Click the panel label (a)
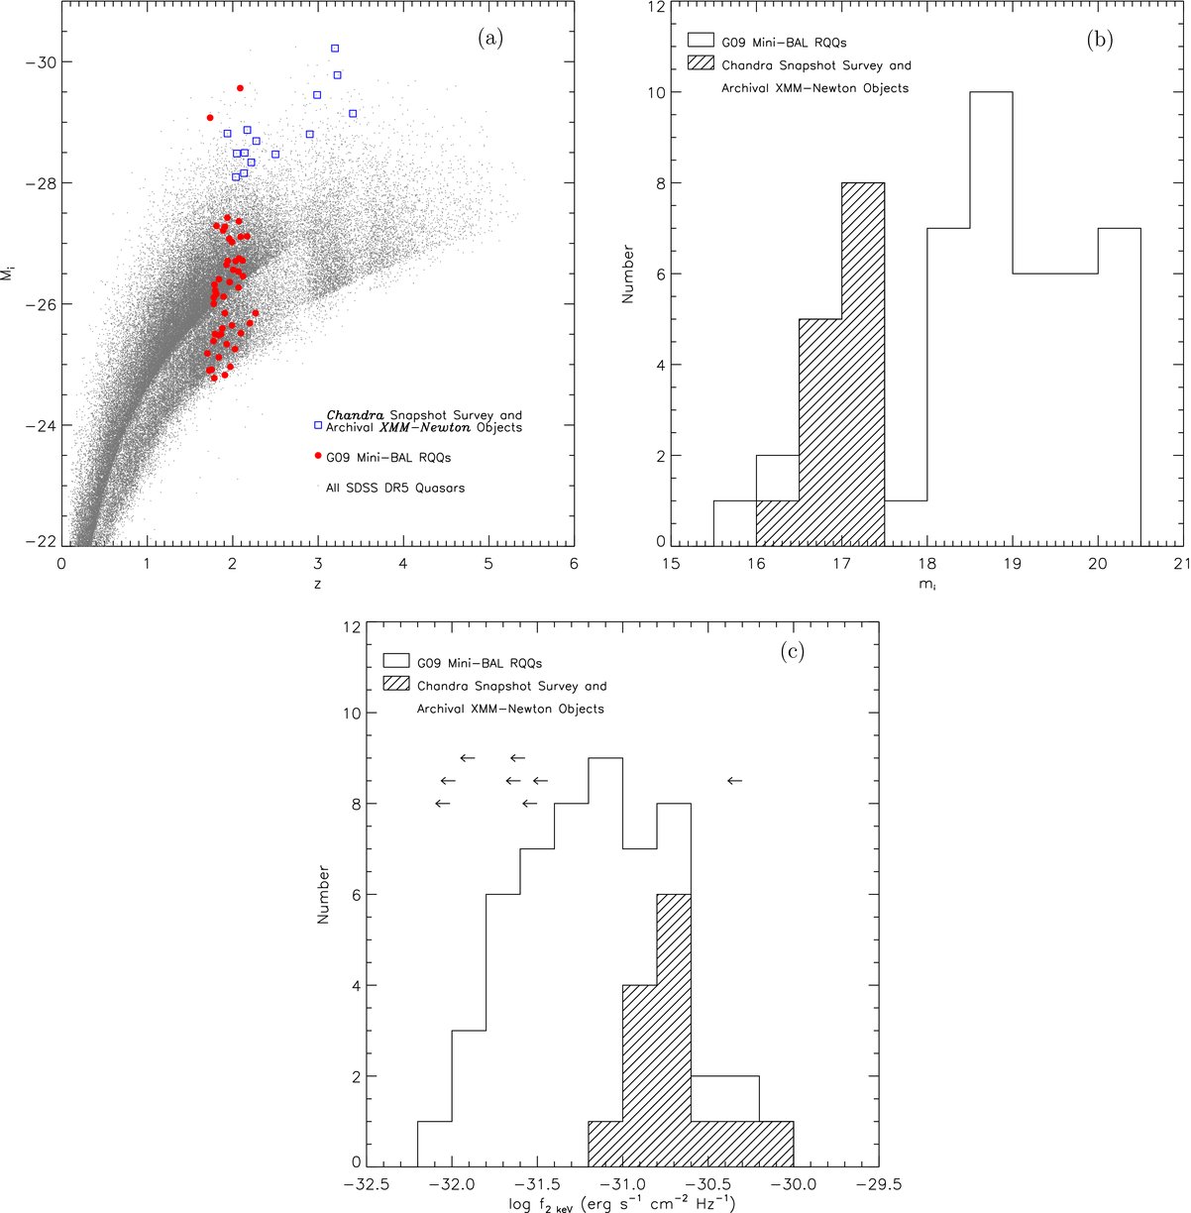(x=489, y=39)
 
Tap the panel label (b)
(x=1099, y=39)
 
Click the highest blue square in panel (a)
(x=335, y=48)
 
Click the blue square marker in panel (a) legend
(x=318, y=425)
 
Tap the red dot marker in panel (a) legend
(x=318, y=456)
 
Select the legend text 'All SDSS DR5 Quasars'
(x=395, y=488)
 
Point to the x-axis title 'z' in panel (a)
(x=317, y=585)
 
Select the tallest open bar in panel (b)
(x=991, y=317)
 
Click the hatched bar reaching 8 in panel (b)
(x=863, y=363)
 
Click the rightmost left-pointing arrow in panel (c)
(x=734, y=781)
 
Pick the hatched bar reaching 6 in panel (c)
(x=673, y=1031)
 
